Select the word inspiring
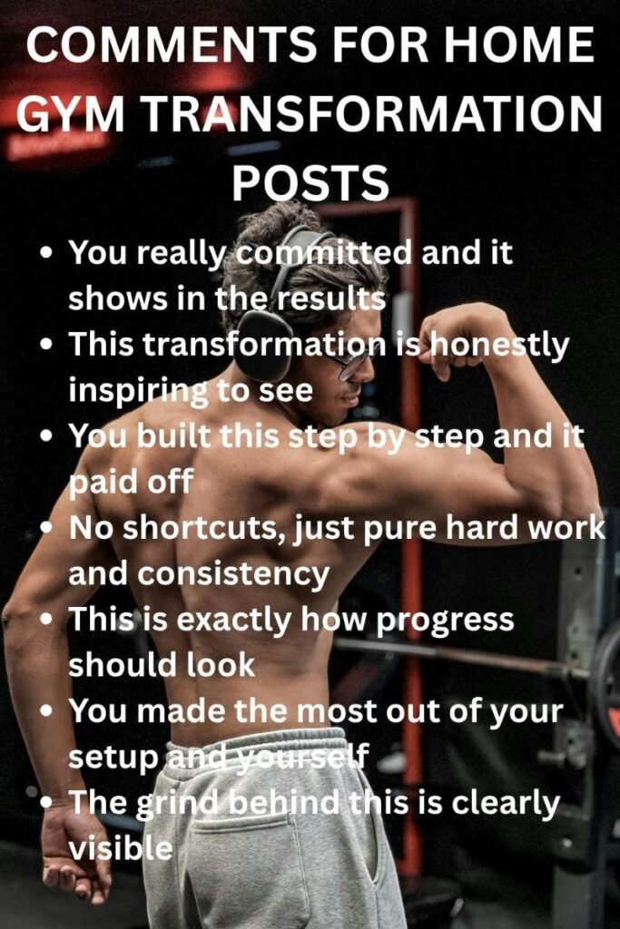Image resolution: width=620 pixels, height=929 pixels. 137,389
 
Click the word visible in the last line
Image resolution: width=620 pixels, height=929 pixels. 120,847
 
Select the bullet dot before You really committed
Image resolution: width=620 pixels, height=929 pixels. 46,253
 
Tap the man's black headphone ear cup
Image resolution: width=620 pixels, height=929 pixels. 264,345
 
